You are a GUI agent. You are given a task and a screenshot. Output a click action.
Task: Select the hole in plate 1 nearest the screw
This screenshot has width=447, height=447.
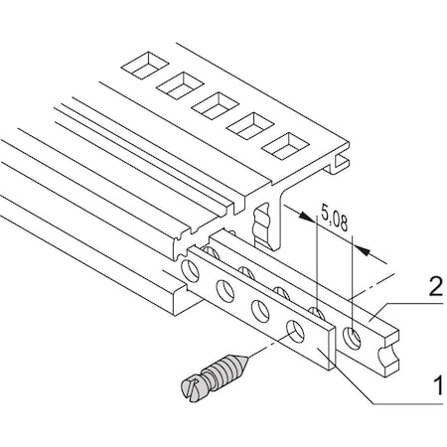(x=296, y=330)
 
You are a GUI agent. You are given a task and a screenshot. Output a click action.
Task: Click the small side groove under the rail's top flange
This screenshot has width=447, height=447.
(x=344, y=161)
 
